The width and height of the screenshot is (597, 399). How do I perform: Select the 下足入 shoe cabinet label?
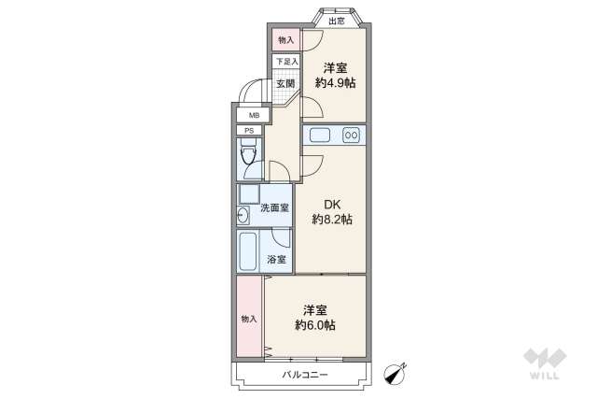[285, 62]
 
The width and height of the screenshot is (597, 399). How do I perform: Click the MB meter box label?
[252, 115]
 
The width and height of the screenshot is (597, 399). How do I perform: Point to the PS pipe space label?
[249, 131]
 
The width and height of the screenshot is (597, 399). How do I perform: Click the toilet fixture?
[250, 157]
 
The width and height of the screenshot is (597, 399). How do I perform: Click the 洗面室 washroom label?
[274, 207]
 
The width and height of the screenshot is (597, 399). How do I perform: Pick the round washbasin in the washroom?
[243, 215]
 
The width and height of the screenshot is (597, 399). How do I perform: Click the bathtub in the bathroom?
[248, 250]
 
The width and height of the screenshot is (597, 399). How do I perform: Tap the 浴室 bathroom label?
[276, 259]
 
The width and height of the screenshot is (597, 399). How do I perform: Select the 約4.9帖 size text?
[336, 82]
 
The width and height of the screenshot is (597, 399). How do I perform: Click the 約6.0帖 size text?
[315, 325]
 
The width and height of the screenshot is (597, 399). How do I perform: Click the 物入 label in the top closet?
[285, 40]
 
